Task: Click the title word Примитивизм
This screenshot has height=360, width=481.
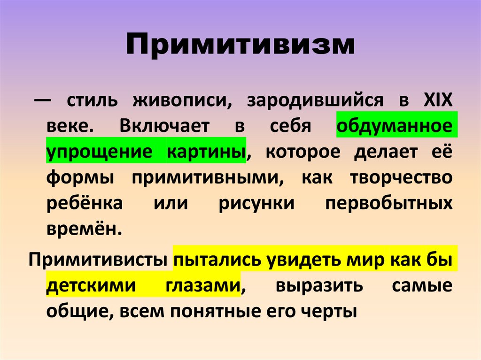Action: tap(240, 46)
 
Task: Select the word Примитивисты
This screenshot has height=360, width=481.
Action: tap(98, 260)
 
